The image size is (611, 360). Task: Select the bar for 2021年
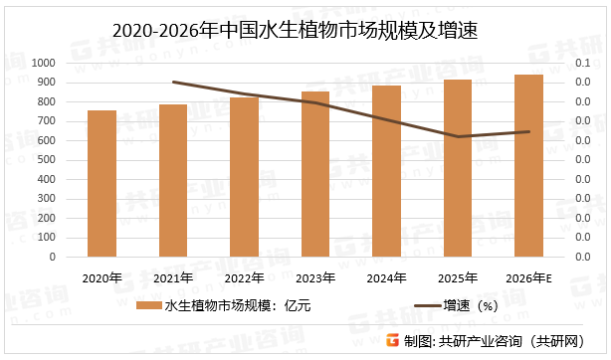click(x=173, y=181)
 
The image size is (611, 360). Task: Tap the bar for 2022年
click(x=244, y=177)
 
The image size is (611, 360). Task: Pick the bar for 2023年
click(x=315, y=174)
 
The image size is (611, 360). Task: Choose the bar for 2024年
click(x=386, y=171)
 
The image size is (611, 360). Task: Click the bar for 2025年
click(x=458, y=168)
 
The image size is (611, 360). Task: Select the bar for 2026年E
click(x=528, y=166)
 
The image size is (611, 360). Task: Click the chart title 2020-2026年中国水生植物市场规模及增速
click(x=305, y=30)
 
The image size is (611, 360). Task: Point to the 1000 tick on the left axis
click(x=45, y=63)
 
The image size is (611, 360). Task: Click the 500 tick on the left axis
click(x=48, y=160)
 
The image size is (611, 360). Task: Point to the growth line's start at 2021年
click(x=173, y=82)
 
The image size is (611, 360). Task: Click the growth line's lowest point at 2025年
click(x=458, y=136)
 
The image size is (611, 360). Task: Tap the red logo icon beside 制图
click(x=392, y=340)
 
